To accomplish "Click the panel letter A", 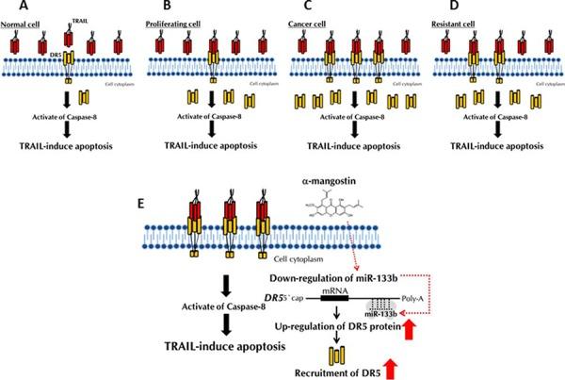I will [8, 7].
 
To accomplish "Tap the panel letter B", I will [149, 7].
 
